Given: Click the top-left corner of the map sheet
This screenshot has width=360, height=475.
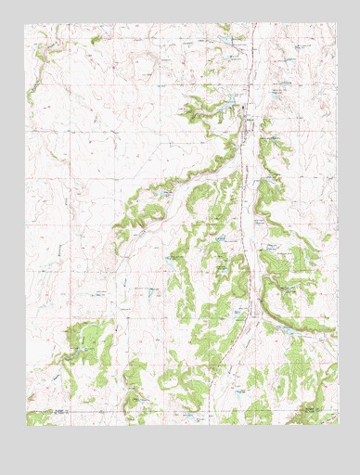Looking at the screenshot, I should click(27, 23).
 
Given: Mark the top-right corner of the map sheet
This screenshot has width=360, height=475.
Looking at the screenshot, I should click(336, 23).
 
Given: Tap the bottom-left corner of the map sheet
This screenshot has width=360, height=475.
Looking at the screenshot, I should click(27, 425).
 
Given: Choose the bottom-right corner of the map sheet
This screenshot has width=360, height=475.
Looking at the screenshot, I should click(336, 425).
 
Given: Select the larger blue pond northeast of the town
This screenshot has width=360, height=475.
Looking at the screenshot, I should click(278, 93).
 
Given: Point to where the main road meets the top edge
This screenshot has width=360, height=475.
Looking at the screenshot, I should click(247, 24).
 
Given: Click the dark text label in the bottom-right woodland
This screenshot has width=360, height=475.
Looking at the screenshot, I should click(306, 405).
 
